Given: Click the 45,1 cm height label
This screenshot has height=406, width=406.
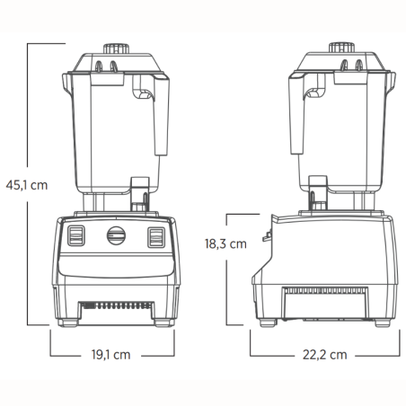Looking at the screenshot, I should coord(26,185).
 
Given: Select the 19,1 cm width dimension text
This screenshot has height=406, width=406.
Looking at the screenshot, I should coord(112,354).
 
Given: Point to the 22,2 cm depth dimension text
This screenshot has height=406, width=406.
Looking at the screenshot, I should coord(324,354).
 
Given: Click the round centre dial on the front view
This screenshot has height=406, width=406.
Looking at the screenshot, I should coord(115,236).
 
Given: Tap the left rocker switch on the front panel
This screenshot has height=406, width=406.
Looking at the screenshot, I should coord(75,237).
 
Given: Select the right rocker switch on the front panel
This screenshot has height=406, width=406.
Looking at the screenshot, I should coord(156,237).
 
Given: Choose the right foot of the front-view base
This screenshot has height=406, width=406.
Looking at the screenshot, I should coord(163,322).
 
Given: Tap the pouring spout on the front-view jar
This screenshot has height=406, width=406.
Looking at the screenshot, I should coord(65,82).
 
